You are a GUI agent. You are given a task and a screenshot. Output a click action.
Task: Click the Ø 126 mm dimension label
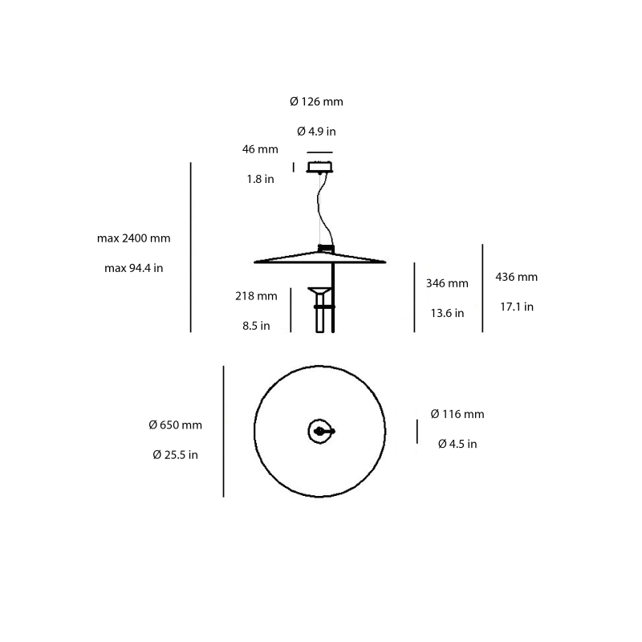pyautogui.click(x=316, y=102)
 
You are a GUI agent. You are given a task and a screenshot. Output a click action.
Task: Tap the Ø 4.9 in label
pyautogui.click(x=316, y=131)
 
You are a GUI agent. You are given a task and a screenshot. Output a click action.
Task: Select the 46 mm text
pyautogui.click(x=260, y=149)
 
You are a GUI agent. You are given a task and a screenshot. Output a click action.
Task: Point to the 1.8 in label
pyautogui.click(x=260, y=179)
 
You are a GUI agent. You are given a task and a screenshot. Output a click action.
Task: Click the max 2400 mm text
pyautogui.click(x=134, y=238)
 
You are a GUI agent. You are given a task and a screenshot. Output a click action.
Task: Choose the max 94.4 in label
pyautogui.click(x=134, y=268)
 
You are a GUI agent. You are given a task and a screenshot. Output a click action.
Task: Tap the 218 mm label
pyautogui.click(x=256, y=296)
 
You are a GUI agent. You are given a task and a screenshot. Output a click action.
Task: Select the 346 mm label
pyautogui.click(x=447, y=283)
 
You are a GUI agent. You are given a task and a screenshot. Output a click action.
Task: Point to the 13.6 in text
pyautogui.click(x=447, y=313)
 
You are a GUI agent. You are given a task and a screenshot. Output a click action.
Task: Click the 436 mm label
pyautogui.click(x=517, y=277)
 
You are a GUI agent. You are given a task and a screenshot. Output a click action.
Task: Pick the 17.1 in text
pyautogui.click(x=517, y=307)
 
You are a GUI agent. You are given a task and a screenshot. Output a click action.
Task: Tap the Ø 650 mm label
pyautogui.click(x=176, y=425)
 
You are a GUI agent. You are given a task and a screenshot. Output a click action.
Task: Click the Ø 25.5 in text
pyautogui.click(x=175, y=454)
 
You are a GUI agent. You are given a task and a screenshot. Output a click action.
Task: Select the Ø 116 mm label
pyautogui.click(x=457, y=414)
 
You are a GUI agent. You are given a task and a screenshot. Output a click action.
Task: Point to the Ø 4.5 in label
pyautogui.click(x=457, y=444)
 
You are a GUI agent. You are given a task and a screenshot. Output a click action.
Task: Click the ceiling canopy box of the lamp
pyautogui.click(x=319, y=167)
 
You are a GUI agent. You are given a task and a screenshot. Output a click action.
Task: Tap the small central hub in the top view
pyautogui.click(x=320, y=432)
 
